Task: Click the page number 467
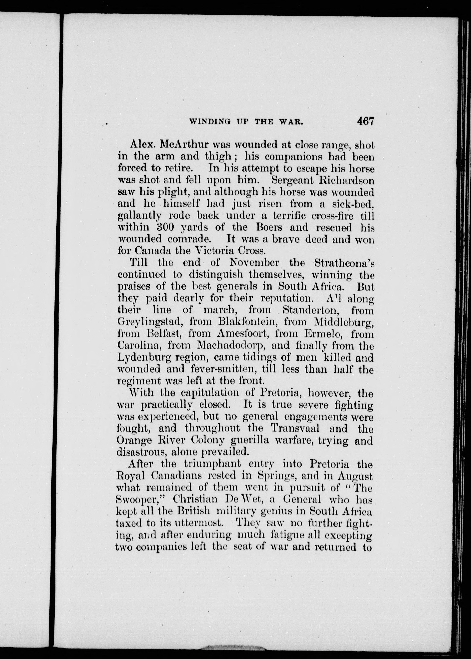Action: pyautogui.click(x=366, y=121)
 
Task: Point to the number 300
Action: pyautogui.click(x=163, y=227)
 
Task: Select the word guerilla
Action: pyautogui.click(x=250, y=441)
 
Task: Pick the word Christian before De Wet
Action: pyautogui.click(x=195, y=500)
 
